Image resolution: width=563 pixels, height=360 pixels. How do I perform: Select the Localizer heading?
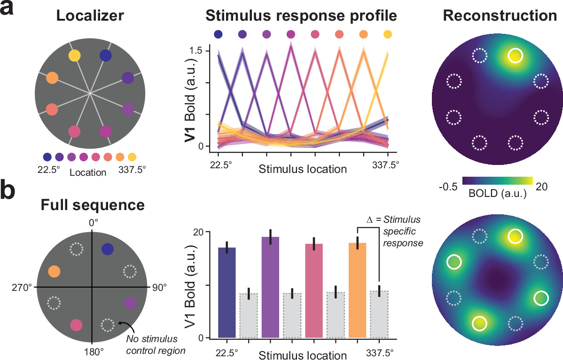[90, 16]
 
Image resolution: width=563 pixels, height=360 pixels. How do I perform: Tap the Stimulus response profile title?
[301, 16]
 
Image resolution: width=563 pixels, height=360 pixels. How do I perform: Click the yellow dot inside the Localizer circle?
[74, 56]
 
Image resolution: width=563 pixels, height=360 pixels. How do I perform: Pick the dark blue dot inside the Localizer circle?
[106, 55]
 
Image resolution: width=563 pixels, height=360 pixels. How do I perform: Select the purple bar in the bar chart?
[270, 287]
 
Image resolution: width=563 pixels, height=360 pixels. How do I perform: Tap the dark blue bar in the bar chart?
[227, 292]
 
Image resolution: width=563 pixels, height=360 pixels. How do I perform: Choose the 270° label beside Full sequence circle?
[21, 287]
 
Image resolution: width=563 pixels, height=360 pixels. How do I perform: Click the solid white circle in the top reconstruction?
[515, 56]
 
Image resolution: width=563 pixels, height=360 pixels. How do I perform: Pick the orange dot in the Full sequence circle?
[54, 271]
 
